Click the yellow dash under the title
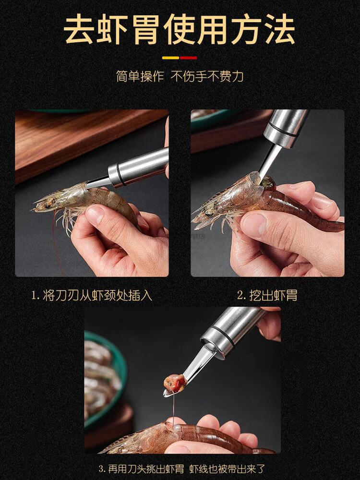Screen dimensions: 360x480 170,58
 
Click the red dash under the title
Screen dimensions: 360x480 188,58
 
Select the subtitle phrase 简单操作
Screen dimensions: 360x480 140,76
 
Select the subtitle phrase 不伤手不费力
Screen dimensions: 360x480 207,76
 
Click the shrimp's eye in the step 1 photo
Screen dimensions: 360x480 48,205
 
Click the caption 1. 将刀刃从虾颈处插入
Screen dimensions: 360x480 92,295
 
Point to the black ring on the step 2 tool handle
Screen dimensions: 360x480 280,131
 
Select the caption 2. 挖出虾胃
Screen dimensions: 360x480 267,295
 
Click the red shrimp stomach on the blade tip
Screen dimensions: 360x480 175,383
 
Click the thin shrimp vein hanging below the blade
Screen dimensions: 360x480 174,408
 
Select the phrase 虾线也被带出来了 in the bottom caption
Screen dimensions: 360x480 227,468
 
